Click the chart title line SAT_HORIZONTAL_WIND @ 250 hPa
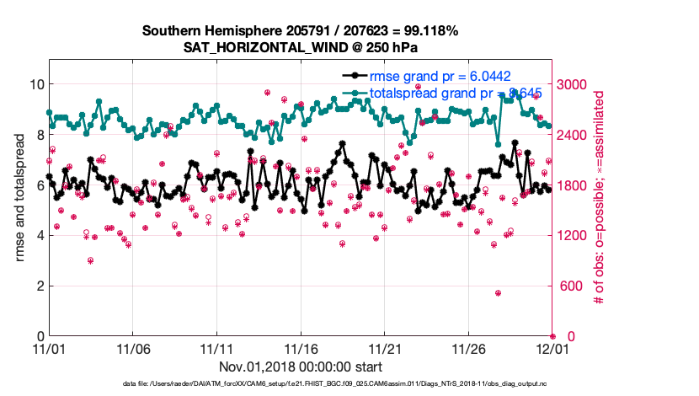(300, 47)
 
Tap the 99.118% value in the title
(428, 31)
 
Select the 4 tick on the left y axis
(39, 235)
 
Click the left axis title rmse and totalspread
(19, 197)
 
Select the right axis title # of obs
(599, 197)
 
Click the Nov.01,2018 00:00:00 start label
(301, 367)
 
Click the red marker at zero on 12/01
(552, 336)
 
